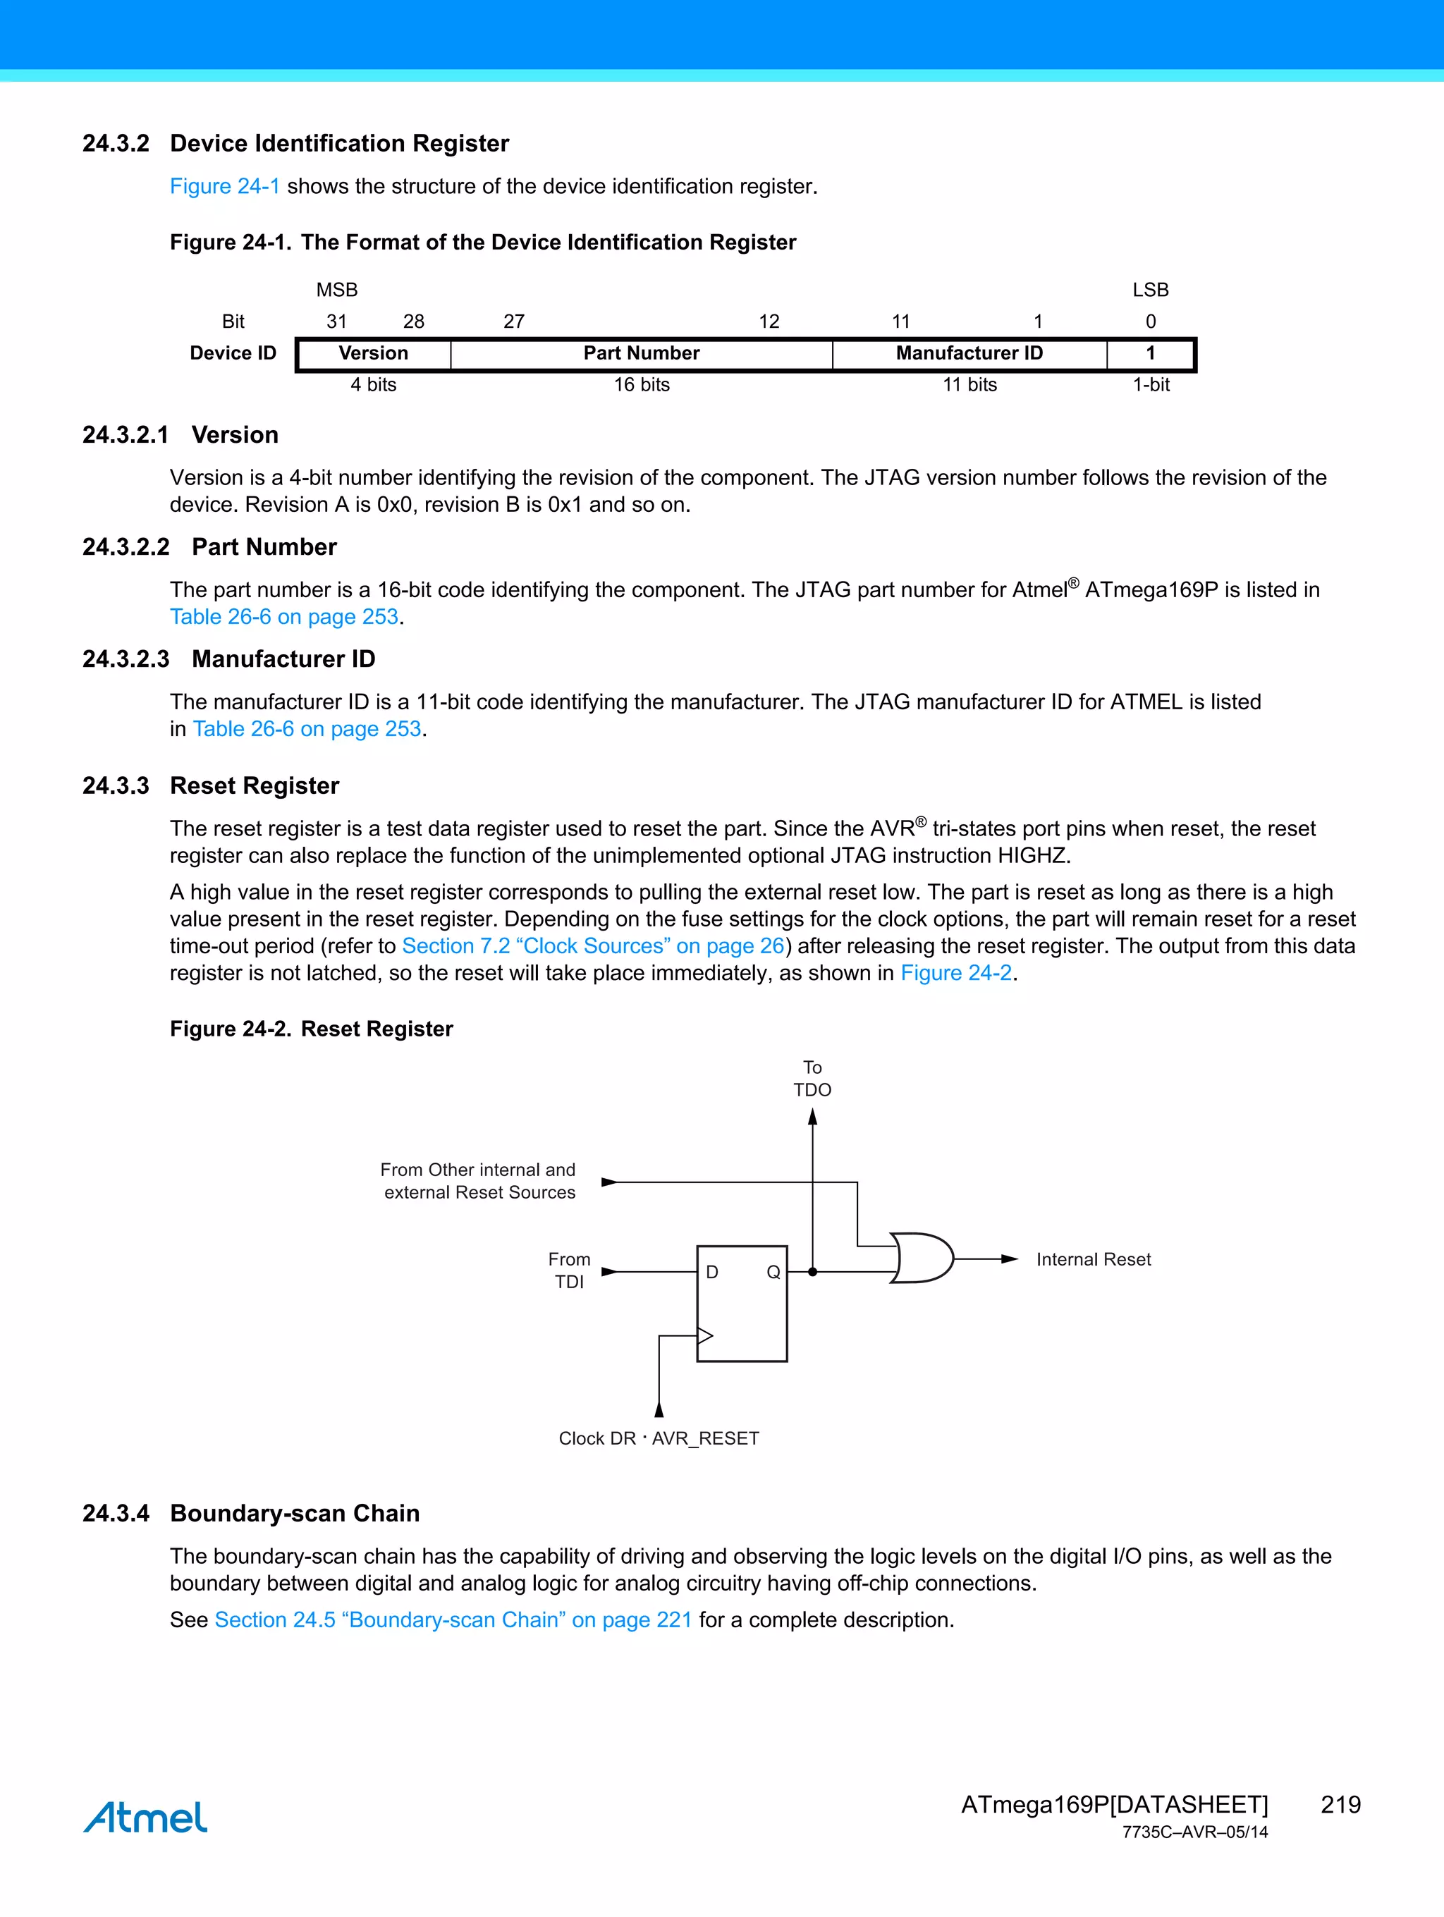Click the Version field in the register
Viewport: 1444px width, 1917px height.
point(374,354)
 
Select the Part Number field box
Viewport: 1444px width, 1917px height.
point(642,354)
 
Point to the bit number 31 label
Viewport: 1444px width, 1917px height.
point(336,321)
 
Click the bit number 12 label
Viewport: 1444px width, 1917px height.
point(769,321)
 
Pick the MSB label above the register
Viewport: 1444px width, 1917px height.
point(336,290)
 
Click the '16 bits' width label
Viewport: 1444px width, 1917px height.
point(642,385)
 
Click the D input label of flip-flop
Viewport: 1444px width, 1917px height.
point(712,1272)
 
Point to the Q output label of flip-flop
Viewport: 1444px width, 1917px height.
point(773,1272)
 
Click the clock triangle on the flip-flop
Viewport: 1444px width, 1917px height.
point(704,1335)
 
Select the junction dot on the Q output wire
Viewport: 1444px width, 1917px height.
point(812,1272)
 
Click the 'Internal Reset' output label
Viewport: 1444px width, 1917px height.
point(1093,1259)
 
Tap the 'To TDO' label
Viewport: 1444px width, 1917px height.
point(812,1079)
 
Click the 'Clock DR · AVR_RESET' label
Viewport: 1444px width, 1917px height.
point(659,1438)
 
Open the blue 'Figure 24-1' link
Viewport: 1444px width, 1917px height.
point(224,186)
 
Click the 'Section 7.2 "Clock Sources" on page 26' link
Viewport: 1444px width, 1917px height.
point(593,945)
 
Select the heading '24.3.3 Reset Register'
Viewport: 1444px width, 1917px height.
point(211,785)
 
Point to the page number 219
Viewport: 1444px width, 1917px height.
point(1340,1804)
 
